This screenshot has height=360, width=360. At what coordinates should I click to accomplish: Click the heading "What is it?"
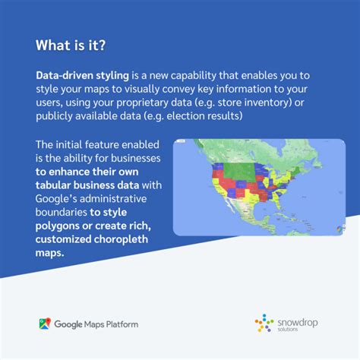point(71,46)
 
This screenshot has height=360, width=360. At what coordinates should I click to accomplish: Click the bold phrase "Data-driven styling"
point(81,77)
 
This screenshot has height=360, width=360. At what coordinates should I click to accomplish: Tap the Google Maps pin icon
point(45,324)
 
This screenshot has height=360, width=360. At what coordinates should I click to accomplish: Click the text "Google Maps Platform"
point(96,324)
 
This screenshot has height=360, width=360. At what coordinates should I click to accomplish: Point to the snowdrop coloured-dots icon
point(264,324)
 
